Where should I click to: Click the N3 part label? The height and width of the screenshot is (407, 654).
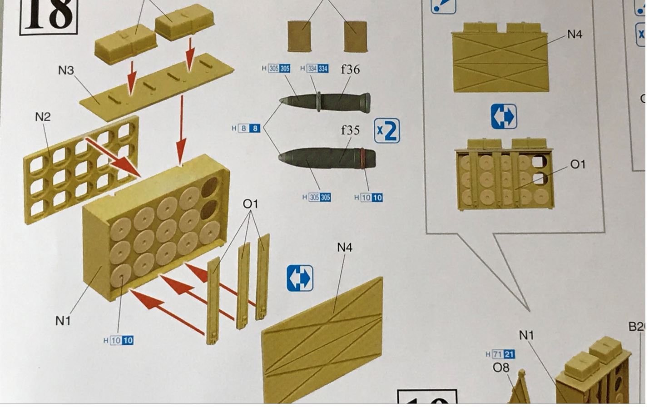[x=66, y=70]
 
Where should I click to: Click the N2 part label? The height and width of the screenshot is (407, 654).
[x=43, y=117]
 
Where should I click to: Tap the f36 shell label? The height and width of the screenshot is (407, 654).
[x=350, y=69]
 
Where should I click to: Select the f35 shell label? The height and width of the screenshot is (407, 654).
[x=350, y=130]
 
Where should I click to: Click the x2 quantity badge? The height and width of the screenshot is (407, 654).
[x=387, y=131]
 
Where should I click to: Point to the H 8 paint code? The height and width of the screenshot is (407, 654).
[x=246, y=129]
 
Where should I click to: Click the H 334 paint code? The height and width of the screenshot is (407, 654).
[x=314, y=69]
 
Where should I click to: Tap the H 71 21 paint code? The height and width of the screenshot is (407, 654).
[x=500, y=354]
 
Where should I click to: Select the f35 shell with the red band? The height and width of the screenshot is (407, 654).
[x=327, y=158]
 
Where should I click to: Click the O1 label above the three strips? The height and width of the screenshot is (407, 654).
[x=250, y=204]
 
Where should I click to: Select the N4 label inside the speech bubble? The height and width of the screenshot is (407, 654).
[x=575, y=34]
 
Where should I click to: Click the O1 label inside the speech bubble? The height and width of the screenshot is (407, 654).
[x=578, y=164]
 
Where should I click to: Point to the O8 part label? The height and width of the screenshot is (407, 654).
[x=501, y=367]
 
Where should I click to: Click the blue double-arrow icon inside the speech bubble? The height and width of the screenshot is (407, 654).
[x=504, y=116]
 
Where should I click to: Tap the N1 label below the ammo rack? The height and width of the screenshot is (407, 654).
[x=63, y=321]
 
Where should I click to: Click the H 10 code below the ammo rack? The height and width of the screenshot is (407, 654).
[x=119, y=340]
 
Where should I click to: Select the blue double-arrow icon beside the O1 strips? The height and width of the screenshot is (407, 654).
[x=300, y=278]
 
